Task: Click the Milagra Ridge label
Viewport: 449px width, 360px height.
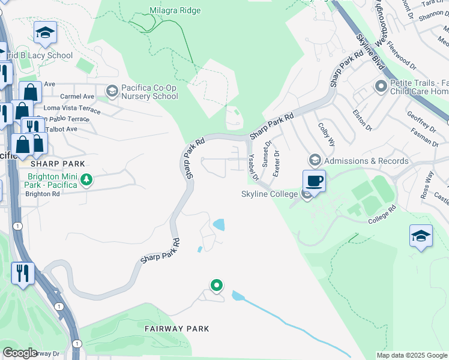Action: point(175,10)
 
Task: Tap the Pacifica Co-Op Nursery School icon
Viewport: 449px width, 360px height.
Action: point(112,91)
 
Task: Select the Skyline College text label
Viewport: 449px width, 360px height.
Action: point(270,194)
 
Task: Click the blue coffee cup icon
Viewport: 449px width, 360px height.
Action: point(314,180)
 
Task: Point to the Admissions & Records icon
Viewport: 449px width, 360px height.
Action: point(315,160)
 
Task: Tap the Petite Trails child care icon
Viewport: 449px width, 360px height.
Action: point(380,87)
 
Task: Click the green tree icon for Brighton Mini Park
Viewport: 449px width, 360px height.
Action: point(87,179)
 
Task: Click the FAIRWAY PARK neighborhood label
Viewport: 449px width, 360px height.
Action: point(177,329)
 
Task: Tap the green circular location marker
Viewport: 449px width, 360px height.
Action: point(217,285)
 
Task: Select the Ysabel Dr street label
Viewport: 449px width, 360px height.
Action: point(252,166)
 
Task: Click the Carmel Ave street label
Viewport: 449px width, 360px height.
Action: point(77,96)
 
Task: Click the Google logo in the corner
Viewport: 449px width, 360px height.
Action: point(20,353)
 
